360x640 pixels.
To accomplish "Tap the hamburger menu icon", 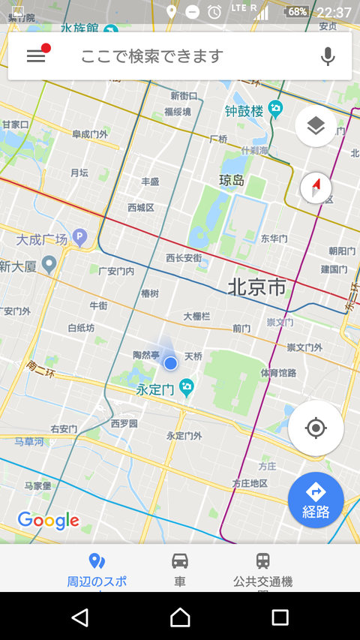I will pyautogui.click(x=36, y=56).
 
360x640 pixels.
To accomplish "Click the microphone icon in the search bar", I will pyautogui.click(x=328, y=56).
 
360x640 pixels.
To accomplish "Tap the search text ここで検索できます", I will pyautogui.click(x=152, y=56).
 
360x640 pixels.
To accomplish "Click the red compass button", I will pyautogui.click(x=316, y=188).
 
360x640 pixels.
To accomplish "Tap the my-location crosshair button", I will pyautogui.click(x=316, y=428).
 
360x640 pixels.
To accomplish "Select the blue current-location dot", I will pyautogui.click(x=170, y=363).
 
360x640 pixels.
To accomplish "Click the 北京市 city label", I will pyautogui.click(x=256, y=287).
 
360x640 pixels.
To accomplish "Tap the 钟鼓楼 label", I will pyautogui.click(x=244, y=111).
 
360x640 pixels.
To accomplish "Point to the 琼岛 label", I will pyautogui.click(x=232, y=180).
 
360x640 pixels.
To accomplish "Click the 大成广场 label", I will pyautogui.click(x=42, y=240).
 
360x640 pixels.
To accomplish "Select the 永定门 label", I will pyautogui.click(x=155, y=389).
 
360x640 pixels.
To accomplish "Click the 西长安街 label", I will pyautogui.click(x=184, y=258).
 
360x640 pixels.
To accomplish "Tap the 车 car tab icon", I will pyautogui.click(x=180, y=560).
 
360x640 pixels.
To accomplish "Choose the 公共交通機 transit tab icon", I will pyautogui.click(x=262, y=560).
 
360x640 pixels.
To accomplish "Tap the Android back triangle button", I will pyautogui.click(x=79, y=617).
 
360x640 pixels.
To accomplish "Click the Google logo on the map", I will pyautogui.click(x=48, y=520).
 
